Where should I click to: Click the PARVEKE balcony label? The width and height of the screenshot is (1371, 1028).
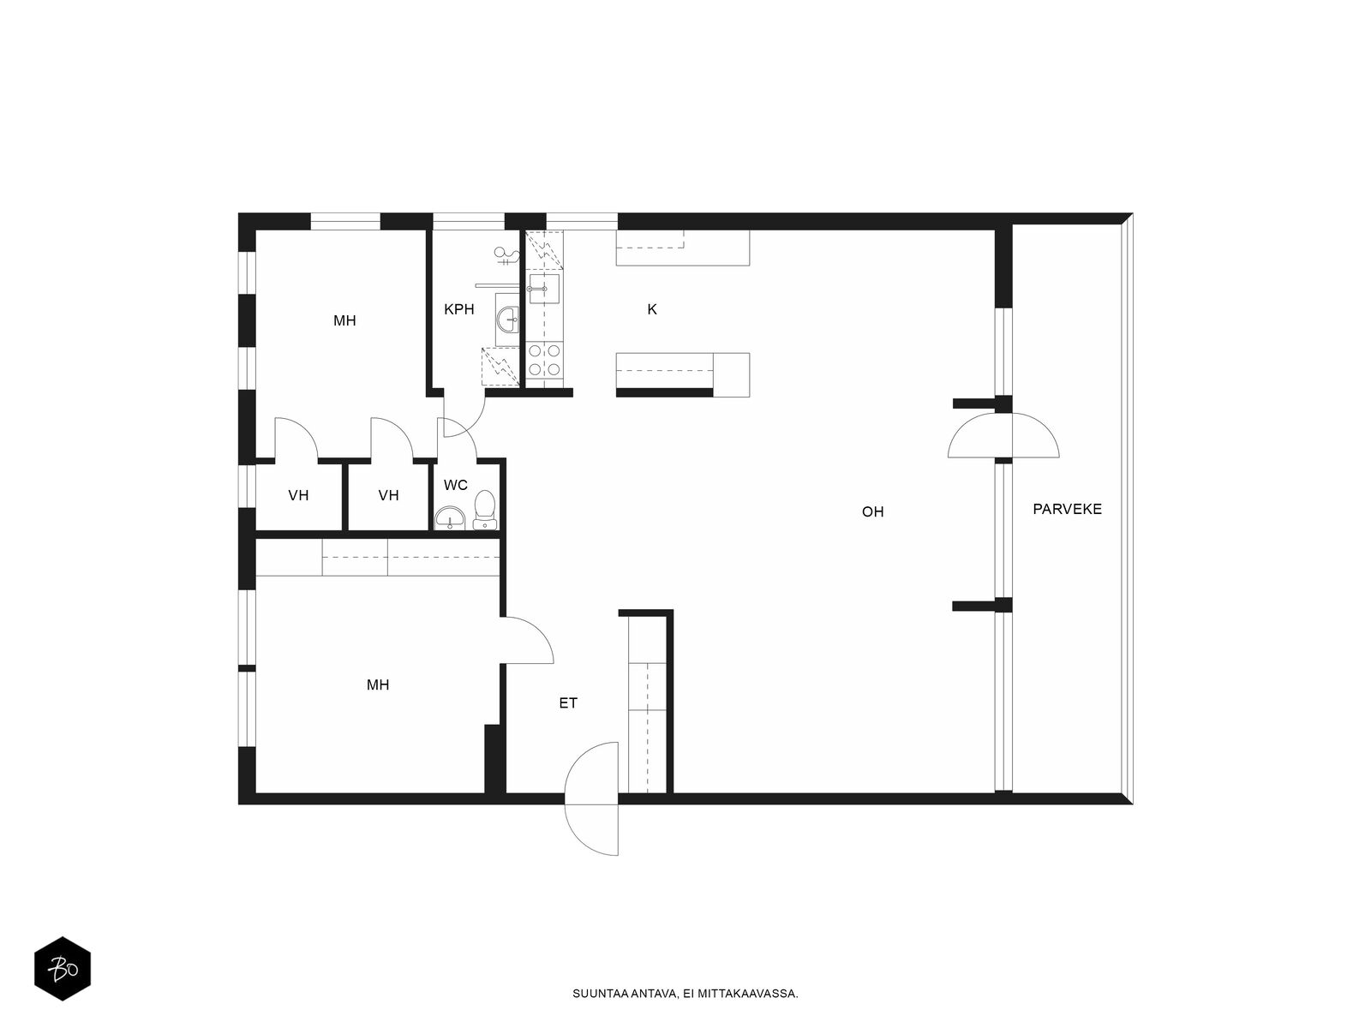point(1066,510)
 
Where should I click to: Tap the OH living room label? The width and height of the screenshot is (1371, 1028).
point(872,511)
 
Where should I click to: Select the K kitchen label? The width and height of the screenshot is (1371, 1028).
point(652,309)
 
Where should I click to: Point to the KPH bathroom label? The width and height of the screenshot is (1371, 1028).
point(459,309)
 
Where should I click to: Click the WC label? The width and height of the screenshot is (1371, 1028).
point(455,486)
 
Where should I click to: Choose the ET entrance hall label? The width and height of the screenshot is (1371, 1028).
point(568,703)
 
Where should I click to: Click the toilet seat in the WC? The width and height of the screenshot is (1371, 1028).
point(485,510)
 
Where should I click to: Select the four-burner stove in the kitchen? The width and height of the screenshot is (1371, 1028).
point(544,360)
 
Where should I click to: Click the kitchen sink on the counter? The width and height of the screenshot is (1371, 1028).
point(544,289)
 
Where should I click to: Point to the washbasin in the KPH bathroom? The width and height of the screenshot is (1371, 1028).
point(508,320)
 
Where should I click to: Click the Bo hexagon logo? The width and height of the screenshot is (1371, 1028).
point(63,969)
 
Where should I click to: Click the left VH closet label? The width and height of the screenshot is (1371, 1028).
point(298,496)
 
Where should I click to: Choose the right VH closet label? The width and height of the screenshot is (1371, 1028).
point(388,496)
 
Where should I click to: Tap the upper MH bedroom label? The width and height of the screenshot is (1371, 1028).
point(344,320)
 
